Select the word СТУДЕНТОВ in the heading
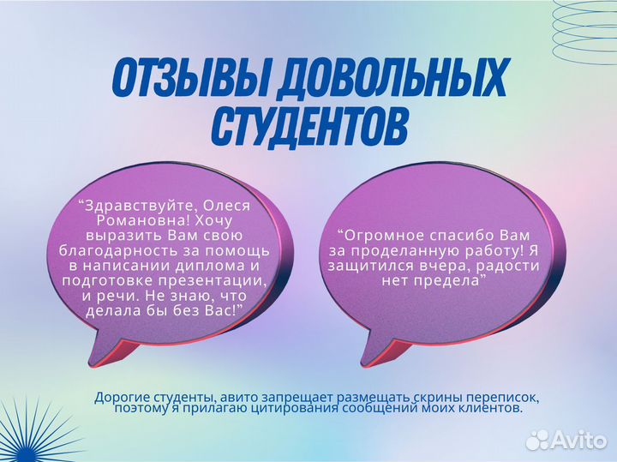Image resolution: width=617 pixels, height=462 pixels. click(308, 125)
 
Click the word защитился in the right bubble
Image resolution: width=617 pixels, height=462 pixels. click(366, 265)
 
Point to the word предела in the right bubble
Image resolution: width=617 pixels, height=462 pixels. click(452, 279)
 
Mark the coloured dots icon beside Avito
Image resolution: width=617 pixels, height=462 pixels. click(537, 439)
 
